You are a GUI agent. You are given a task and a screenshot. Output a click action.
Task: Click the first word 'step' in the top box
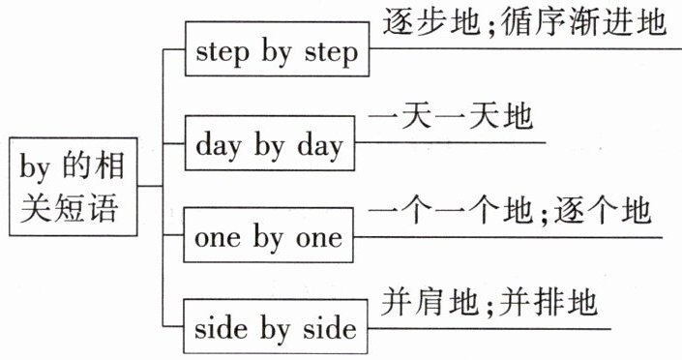222,52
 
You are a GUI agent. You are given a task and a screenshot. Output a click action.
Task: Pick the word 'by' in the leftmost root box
35,167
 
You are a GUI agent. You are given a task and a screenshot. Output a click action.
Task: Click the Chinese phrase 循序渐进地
583,22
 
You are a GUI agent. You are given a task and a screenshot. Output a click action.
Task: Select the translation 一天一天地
451,117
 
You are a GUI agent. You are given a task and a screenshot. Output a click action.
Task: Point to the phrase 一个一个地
451,211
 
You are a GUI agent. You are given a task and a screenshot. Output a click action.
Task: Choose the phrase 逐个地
602,211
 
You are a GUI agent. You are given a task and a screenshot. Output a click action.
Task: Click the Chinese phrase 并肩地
430,302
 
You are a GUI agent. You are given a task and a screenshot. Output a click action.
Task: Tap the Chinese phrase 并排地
549,302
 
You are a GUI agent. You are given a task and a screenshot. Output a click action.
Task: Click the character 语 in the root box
104,208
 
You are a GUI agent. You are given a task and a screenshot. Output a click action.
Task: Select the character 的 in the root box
74,166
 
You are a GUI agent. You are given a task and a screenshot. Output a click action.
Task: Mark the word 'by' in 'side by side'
275,330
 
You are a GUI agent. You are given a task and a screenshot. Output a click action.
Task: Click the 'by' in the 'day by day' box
269,146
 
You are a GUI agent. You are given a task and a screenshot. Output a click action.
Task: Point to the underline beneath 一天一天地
450,143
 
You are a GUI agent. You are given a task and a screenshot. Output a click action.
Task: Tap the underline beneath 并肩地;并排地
489,329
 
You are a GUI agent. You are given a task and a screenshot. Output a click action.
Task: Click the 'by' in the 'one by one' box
268,239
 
